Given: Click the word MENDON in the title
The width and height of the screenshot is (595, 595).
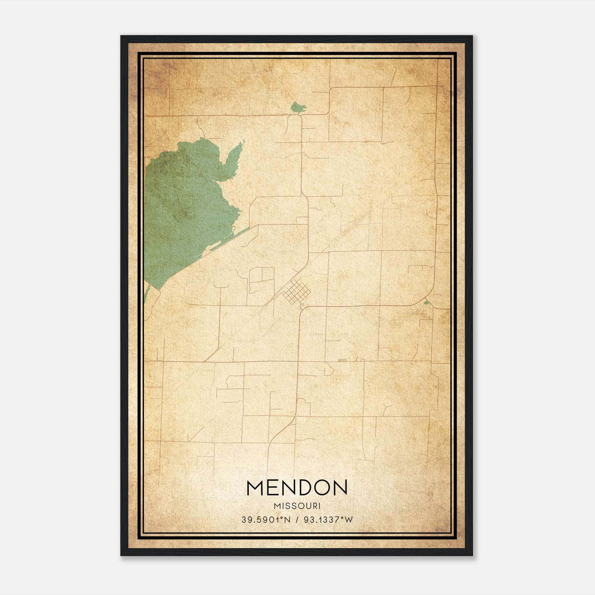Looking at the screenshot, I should click(x=296, y=488).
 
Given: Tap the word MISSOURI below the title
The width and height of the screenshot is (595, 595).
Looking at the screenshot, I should click(x=297, y=506).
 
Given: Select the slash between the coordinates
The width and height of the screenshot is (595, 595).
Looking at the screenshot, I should click(x=297, y=520).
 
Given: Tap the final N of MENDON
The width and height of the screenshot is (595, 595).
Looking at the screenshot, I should click(x=340, y=488).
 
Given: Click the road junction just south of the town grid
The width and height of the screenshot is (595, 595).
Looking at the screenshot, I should click(x=302, y=308).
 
